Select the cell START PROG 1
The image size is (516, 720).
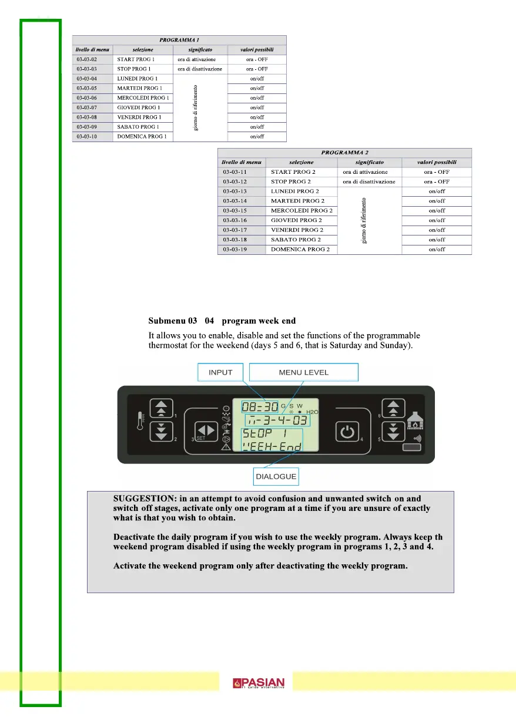point(136,59)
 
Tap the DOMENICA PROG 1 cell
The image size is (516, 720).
point(142,136)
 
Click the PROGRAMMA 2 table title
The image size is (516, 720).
point(344,153)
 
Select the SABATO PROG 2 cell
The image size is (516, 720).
point(296,240)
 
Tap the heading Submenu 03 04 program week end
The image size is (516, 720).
point(222,321)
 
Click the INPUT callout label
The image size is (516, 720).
point(221,372)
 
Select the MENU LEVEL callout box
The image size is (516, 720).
point(303,372)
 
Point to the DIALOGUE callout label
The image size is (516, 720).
point(276,476)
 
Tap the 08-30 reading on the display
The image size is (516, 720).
point(260,406)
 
